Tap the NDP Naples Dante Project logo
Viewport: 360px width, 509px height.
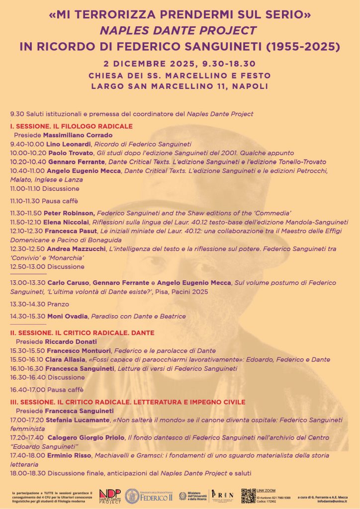(x=109, y=496)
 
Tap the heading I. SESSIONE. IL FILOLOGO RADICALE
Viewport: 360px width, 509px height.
(x=71, y=126)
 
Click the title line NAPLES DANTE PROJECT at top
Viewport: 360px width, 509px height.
(x=180, y=31)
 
